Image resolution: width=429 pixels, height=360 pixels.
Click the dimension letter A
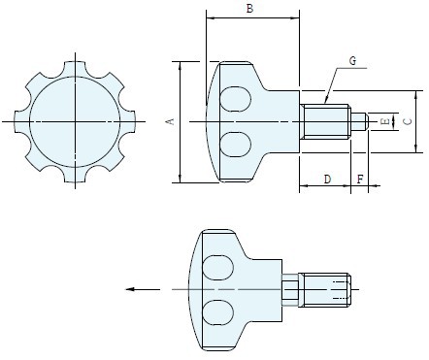tap(171, 121)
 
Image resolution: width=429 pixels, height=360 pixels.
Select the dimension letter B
tap(249, 9)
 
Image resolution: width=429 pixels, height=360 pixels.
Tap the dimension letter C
tap(409, 121)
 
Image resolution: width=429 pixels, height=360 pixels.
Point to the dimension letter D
tap(327, 179)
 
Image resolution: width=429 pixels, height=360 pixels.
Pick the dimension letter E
tap(385, 121)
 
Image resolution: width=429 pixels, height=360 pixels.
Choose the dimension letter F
tap(360, 179)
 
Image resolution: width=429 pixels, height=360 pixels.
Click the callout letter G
tap(352, 60)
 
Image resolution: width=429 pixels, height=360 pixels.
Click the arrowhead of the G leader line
tap(326, 99)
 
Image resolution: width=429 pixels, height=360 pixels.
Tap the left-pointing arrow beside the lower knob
tap(143, 289)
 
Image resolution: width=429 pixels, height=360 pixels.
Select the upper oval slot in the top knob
tap(235, 99)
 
